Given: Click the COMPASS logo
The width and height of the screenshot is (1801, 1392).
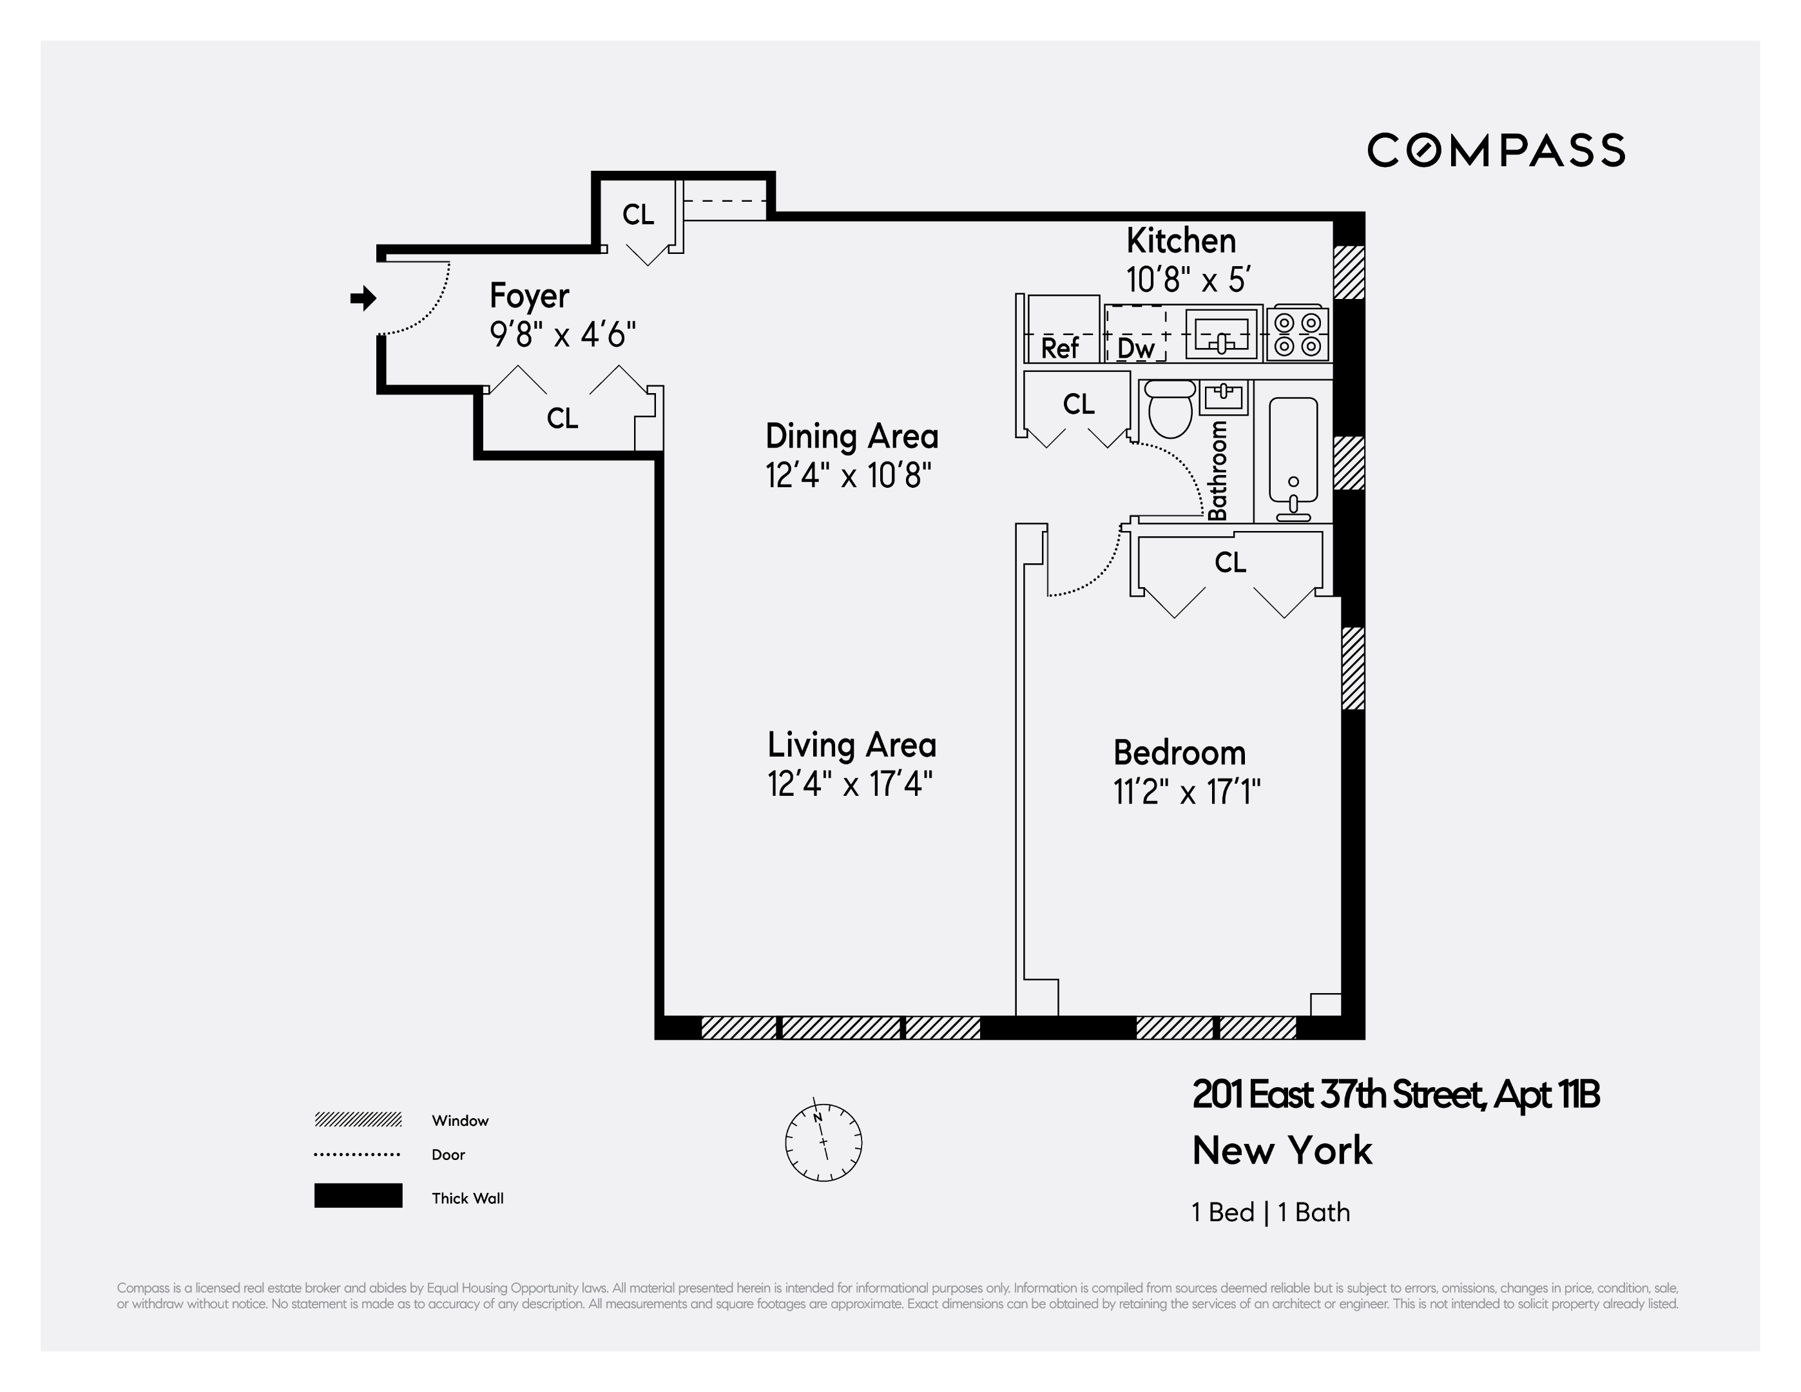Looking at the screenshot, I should point(1496,150).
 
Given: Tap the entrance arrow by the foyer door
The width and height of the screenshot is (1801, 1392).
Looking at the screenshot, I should point(363,298).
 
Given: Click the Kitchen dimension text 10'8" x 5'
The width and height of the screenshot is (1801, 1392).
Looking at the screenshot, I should point(1188,280).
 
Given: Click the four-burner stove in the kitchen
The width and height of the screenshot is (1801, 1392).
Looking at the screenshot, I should point(1298,334).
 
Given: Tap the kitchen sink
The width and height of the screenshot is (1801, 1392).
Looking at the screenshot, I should point(1223,334).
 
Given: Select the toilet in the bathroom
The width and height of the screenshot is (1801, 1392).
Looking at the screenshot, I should point(1170,410).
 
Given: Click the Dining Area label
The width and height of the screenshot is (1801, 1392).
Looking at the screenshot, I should point(851,436).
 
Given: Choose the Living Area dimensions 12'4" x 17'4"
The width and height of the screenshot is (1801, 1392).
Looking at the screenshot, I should point(849,784).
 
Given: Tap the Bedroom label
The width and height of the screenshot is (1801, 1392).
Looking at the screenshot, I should point(1179,753).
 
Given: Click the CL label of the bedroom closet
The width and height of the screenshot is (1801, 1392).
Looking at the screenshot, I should point(1229,563).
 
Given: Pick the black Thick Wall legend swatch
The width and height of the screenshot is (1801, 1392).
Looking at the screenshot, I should point(358,1195).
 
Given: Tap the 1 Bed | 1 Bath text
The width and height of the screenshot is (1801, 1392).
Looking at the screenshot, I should point(1271,1212).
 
